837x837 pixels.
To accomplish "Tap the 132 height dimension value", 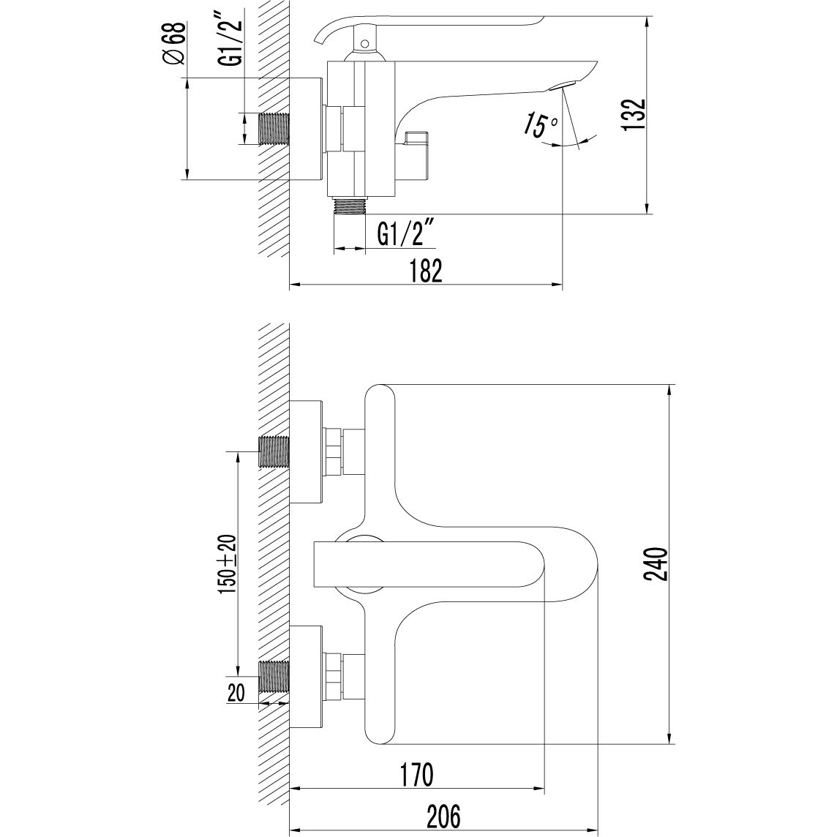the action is pyautogui.click(x=635, y=113).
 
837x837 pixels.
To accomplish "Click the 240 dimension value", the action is pyautogui.click(x=656, y=563).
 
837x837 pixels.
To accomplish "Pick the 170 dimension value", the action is pyautogui.click(x=416, y=775).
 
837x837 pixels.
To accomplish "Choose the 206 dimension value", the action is pyautogui.click(x=443, y=817).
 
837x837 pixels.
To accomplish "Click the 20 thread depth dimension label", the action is pyautogui.click(x=236, y=693).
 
